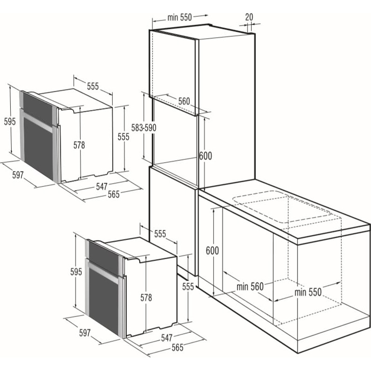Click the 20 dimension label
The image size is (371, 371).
(x=249, y=17)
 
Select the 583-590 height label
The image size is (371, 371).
(x=144, y=128)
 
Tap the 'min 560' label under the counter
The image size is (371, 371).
(x=250, y=287)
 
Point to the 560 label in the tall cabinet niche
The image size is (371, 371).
(x=184, y=101)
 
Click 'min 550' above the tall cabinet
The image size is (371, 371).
(x=179, y=18)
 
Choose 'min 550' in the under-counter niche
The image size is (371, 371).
(x=308, y=292)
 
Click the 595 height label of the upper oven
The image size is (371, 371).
(x=10, y=121)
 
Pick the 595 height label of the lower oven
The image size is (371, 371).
(x=76, y=272)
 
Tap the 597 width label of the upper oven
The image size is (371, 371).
(x=18, y=175)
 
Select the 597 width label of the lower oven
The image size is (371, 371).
(x=85, y=333)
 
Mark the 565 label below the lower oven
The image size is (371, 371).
(x=178, y=347)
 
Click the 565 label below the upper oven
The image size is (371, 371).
(x=114, y=194)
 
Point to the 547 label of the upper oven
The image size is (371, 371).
(x=102, y=186)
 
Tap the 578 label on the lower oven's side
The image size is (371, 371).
(x=146, y=297)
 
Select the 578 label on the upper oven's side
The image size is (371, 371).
(x=79, y=145)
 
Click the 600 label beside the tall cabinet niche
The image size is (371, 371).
(x=206, y=156)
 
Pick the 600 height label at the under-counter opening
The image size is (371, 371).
(x=212, y=251)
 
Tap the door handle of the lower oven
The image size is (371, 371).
(x=103, y=273)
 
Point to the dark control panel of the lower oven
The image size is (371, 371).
(x=103, y=258)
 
